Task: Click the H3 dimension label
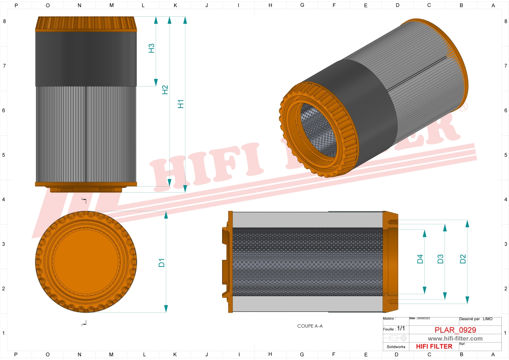[x=152, y=48]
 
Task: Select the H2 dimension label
[x=165, y=90]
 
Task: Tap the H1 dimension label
[x=181, y=104]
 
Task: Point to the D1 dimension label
[x=162, y=263]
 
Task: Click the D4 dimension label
[x=420, y=259]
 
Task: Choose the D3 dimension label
[x=440, y=259]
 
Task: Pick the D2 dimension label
[x=462, y=259]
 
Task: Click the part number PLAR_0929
[x=455, y=330]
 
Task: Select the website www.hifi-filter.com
[x=455, y=339]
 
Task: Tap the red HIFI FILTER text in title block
[x=434, y=347]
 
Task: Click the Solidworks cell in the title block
[x=396, y=347]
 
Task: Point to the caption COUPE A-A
[x=310, y=326]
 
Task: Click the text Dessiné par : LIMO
[x=476, y=319]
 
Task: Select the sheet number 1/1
[x=401, y=328]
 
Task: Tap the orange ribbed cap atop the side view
[x=86, y=24]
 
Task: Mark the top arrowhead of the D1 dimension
[x=166, y=215]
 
